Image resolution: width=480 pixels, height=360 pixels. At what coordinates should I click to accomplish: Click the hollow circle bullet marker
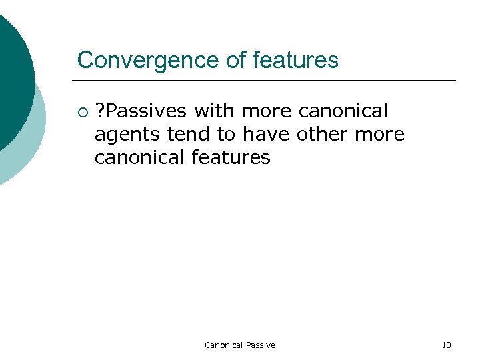(x=82, y=110)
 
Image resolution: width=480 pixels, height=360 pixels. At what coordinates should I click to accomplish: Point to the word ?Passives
(x=141, y=110)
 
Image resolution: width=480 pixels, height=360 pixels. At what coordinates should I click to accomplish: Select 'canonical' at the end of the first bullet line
(x=343, y=110)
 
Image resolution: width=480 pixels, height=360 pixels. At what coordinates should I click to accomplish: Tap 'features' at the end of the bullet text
(x=231, y=158)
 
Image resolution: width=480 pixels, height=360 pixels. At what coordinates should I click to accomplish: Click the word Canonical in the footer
(x=223, y=345)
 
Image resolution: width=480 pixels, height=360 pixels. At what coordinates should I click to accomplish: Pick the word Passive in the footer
(x=260, y=345)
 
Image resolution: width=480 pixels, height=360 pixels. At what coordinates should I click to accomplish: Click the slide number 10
(x=446, y=345)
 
